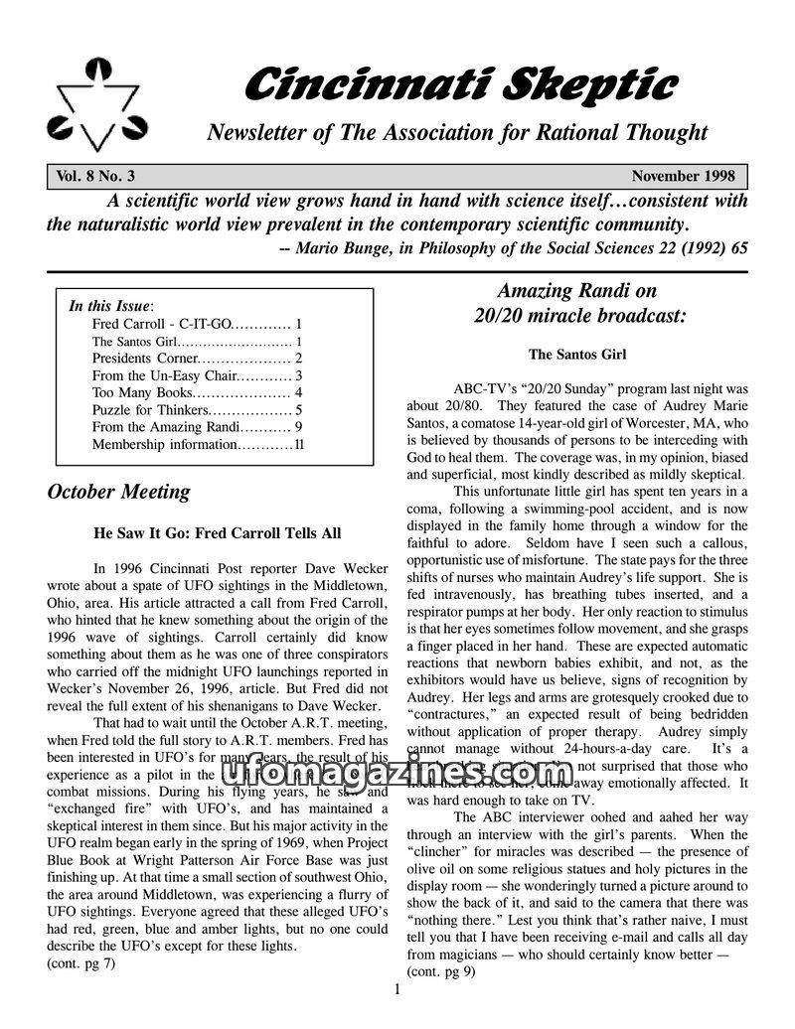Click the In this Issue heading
click(x=109, y=306)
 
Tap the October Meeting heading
click(x=118, y=492)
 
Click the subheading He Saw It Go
click(x=217, y=533)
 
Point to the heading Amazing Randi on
click(x=576, y=290)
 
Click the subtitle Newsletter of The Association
click(x=456, y=133)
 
